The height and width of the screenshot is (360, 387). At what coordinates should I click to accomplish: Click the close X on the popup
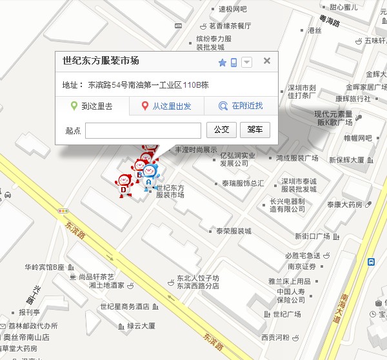click(266, 61)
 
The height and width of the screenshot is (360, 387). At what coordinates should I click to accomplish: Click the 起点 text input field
click(143, 130)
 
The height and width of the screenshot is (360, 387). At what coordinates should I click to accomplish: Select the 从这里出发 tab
click(166, 106)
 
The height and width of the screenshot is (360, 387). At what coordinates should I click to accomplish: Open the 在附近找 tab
click(241, 106)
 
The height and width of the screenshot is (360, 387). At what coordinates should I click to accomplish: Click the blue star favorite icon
click(222, 63)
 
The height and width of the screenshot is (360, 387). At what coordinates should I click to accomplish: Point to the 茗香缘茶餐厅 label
click(230, 26)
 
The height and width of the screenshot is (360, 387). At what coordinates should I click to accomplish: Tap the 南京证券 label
click(301, 266)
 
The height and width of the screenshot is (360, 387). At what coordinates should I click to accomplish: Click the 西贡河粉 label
click(275, 337)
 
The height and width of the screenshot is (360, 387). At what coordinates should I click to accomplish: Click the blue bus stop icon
click(372, 262)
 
